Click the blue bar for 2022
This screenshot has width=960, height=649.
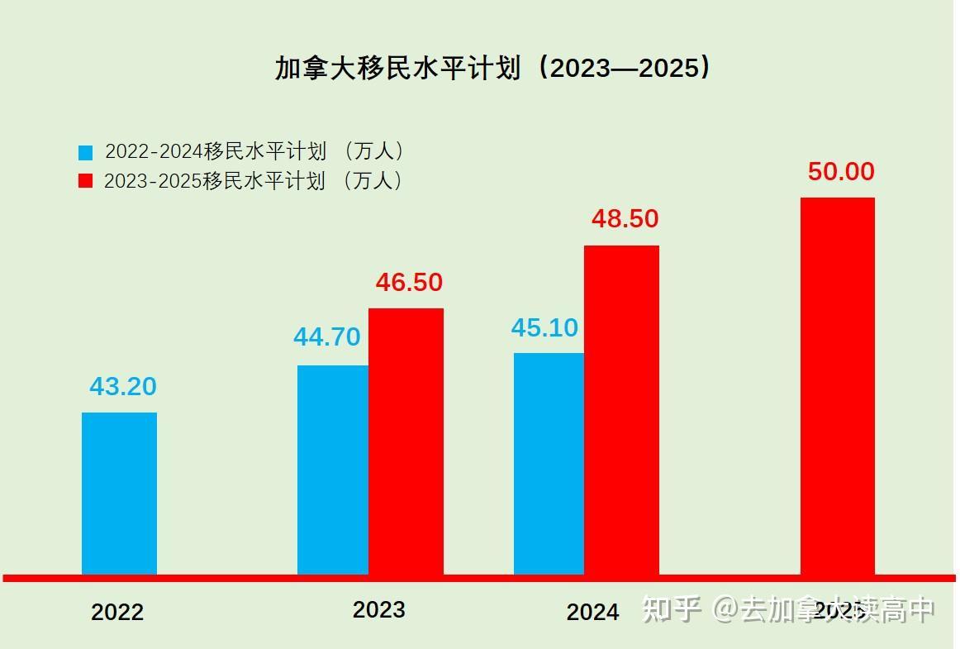[119, 493]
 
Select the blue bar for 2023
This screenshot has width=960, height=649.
[332, 469]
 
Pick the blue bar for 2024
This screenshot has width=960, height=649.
[549, 463]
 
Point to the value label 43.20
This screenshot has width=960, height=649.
[122, 386]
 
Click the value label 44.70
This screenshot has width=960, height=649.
[326, 337]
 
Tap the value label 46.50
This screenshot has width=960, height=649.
[409, 283]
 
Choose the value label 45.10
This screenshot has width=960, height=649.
[544, 327]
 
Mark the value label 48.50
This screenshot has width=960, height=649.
[625, 219]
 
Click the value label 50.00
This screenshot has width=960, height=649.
[840, 172]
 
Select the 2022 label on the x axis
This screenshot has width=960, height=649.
[116, 613]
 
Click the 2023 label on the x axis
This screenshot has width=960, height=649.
[378, 610]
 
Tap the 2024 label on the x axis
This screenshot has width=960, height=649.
[592, 613]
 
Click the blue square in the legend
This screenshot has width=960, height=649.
[86, 153]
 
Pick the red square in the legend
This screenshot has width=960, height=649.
[86, 181]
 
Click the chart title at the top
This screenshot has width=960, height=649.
[492, 68]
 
